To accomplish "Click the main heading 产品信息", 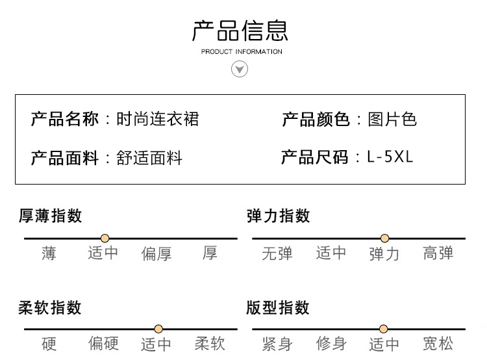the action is pyautogui.click(x=240, y=31).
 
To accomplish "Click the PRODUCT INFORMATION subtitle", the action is pyautogui.click(x=242, y=51).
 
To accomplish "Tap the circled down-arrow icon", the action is pyautogui.click(x=240, y=69).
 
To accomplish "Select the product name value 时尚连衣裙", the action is pyautogui.click(x=158, y=119).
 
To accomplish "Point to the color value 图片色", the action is pyautogui.click(x=392, y=119).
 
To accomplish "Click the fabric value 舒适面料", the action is pyautogui.click(x=149, y=158).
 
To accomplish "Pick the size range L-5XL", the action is pyautogui.click(x=390, y=157).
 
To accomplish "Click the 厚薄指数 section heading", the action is pyautogui.click(x=50, y=216).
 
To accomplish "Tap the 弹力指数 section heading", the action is pyautogui.click(x=279, y=216).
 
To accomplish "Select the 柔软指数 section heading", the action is pyautogui.click(x=50, y=308).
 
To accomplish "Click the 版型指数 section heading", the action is pyautogui.click(x=278, y=308).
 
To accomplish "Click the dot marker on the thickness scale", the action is pyautogui.click(x=105, y=238).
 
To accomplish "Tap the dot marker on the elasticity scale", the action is pyautogui.click(x=385, y=238).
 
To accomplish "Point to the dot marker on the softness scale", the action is pyautogui.click(x=158, y=329).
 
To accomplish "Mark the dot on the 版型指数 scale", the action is pyautogui.click(x=384, y=329).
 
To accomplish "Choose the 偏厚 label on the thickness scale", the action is pyautogui.click(x=156, y=253).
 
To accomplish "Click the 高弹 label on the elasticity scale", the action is pyautogui.click(x=438, y=253).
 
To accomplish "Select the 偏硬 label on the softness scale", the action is pyautogui.click(x=103, y=344).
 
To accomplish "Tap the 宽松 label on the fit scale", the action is pyautogui.click(x=438, y=344).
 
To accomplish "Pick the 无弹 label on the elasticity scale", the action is pyautogui.click(x=277, y=253).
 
